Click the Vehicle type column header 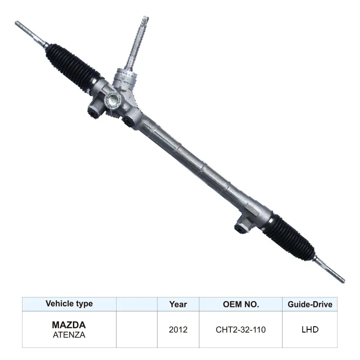(69, 304)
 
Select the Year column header (178, 304)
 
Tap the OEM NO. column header (241, 304)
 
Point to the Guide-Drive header (310, 304)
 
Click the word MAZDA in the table (68, 324)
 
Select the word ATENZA (68, 334)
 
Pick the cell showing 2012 (178, 329)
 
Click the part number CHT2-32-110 (241, 329)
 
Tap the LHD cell (310, 329)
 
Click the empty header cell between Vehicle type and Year (137, 304)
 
